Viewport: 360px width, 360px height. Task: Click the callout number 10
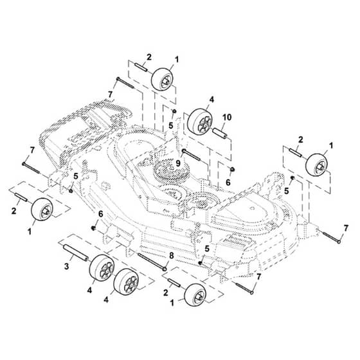(x=226, y=117)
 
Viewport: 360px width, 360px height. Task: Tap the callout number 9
(x=178, y=163)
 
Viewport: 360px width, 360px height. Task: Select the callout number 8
(x=172, y=256)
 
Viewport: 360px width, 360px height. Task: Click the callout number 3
(x=67, y=267)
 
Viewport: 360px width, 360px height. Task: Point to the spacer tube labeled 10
(x=220, y=134)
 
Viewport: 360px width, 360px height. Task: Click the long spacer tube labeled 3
(x=75, y=253)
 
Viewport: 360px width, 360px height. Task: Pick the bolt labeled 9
(x=192, y=155)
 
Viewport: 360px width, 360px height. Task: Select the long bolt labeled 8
(x=152, y=261)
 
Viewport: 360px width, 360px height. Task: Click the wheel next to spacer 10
(x=199, y=122)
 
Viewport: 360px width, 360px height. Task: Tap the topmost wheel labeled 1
(x=162, y=79)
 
